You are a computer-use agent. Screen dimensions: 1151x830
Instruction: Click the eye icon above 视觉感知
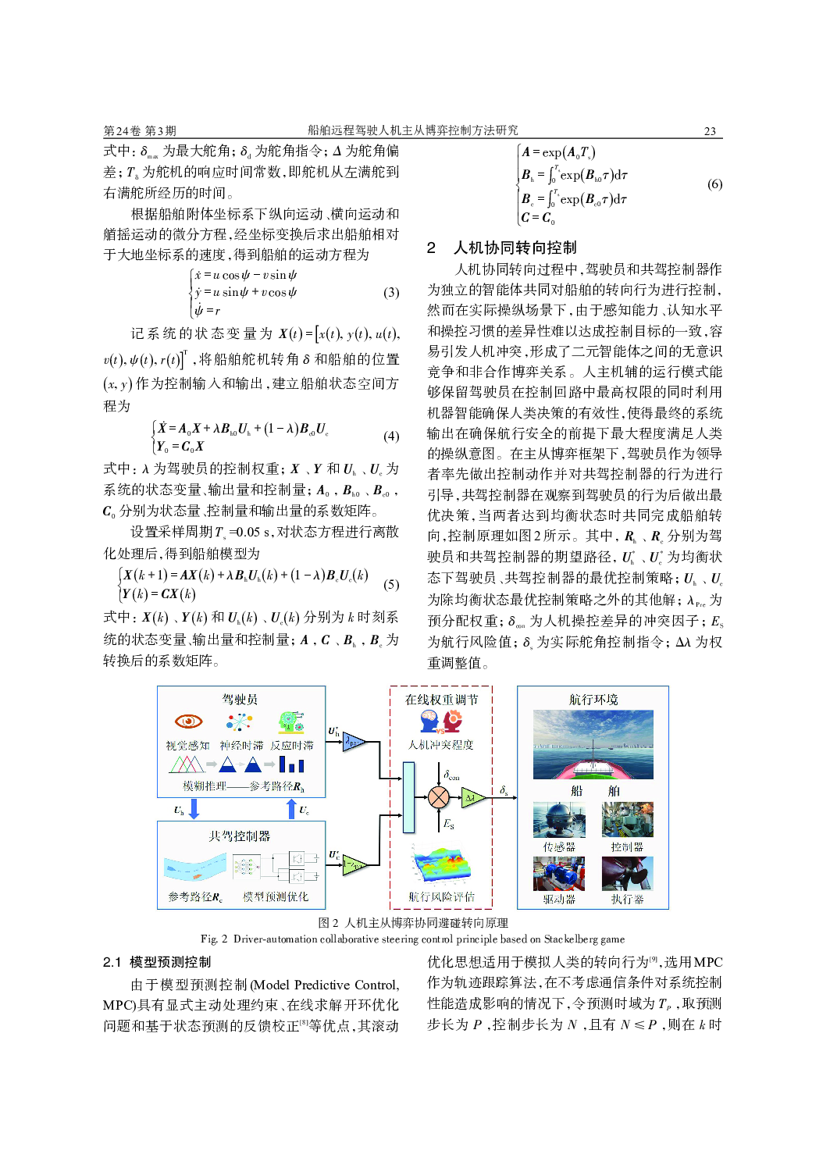coord(188,721)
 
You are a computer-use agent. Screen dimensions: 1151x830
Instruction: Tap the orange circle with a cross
coord(439,797)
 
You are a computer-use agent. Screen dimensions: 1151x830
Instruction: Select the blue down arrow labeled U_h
coord(194,808)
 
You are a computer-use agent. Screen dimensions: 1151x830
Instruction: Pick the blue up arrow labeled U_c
coord(291,808)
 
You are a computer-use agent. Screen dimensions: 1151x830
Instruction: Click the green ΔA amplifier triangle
coord(472,797)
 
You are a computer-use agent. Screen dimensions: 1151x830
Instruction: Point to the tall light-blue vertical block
coord(408,797)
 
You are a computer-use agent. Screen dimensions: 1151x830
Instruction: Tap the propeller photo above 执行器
coord(627,873)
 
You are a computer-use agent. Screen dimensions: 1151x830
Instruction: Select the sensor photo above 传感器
coord(559,820)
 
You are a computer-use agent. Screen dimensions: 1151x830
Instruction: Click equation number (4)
coord(390,436)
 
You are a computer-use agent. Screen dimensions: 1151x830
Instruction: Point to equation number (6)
coord(714,184)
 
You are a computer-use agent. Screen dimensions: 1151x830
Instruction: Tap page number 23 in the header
coord(710,131)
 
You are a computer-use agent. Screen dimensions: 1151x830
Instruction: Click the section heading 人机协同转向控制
coord(515,248)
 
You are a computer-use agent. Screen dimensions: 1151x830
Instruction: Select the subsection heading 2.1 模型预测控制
coord(157,962)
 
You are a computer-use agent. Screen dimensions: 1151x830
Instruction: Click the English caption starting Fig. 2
coord(412,939)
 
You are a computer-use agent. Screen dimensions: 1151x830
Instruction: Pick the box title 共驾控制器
coord(239,836)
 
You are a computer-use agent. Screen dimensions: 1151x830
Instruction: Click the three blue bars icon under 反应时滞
coord(291,764)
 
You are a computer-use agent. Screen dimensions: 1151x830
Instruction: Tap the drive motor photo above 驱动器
coord(559,873)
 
